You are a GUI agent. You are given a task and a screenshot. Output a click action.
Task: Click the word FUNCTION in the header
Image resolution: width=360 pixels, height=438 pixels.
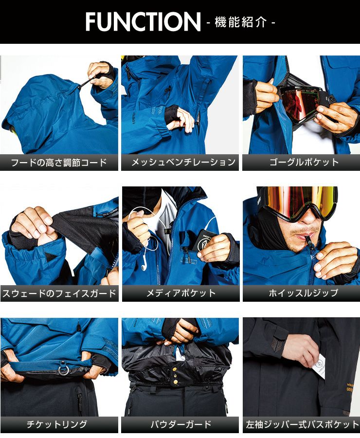[143, 21]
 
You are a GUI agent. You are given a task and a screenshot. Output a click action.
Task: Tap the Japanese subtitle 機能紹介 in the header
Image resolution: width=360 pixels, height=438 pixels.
[240, 22]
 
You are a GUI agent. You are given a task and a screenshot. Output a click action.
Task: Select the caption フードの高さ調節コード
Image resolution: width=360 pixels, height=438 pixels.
[59, 163]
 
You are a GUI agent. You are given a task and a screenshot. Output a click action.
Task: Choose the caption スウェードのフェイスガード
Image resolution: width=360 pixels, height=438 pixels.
[59, 293]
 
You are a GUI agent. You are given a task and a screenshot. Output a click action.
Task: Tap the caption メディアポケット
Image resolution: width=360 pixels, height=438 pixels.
[181, 293]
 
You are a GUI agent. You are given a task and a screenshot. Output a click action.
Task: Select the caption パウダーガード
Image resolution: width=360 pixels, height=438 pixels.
[180, 424]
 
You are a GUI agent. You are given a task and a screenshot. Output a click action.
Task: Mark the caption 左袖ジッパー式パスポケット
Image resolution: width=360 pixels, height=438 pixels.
[302, 424]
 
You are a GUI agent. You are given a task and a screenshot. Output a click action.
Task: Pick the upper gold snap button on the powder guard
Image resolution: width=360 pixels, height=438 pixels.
[175, 369]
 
